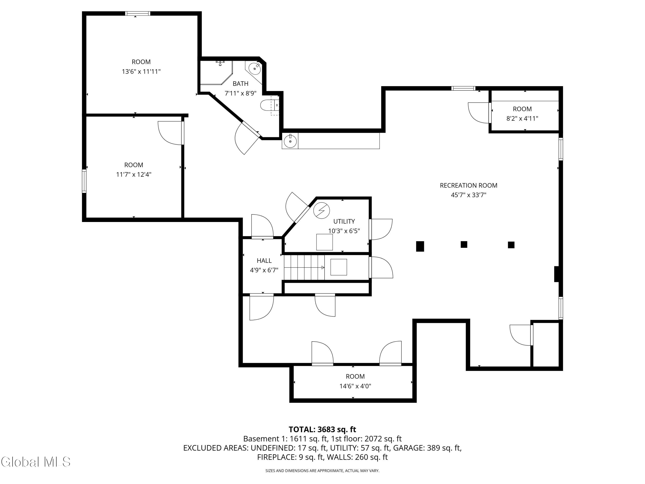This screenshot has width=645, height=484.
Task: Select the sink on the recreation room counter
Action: pyautogui.click(x=290, y=141)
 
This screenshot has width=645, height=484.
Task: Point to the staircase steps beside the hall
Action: pyautogui.click(x=304, y=267)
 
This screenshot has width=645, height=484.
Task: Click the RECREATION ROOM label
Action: pyautogui.click(x=468, y=185)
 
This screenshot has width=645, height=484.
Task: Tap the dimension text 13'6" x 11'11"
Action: pyautogui.click(x=141, y=71)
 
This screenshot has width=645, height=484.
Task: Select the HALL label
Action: pyautogui.click(x=264, y=260)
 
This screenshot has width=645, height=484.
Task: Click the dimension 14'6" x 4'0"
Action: pyautogui.click(x=355, y=386)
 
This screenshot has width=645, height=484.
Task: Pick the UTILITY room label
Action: pyautogui.click(x=344, y=221)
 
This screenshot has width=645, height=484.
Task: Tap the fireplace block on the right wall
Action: pyautogui.click(x=556, y=274)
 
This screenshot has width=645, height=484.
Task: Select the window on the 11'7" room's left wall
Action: pyautogui.click(x=84, y=181)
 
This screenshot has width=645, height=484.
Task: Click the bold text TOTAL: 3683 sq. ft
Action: pyautogui.click(x=322, y=429)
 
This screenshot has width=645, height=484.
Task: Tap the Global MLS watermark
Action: pyautogui.click(x=35, y=462)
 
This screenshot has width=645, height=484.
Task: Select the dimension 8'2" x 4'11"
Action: pyautogui.click(x=522, y=119)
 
